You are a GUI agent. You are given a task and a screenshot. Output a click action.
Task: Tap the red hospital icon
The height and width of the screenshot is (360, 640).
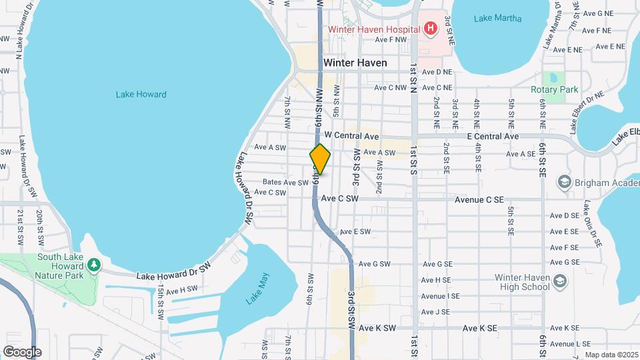[x=431, y=29]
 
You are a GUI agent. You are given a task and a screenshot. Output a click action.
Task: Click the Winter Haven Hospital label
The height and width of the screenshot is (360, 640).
[x=373, y=29]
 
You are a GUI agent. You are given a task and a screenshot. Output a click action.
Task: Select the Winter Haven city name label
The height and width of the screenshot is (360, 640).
[x=355, y=63]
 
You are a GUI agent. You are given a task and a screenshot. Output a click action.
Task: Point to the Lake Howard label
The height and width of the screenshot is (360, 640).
[x=141, y=95]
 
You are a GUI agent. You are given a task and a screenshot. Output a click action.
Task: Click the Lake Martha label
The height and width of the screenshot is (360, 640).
[x=497, y=18]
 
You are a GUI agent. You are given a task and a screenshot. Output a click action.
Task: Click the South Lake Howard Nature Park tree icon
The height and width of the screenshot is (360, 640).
[x=94, y=265]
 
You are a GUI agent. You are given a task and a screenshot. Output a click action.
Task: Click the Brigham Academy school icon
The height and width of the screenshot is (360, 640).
[x=564, y=182]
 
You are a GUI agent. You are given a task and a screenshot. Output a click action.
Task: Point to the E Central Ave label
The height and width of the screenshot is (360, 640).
[x=493, y=136]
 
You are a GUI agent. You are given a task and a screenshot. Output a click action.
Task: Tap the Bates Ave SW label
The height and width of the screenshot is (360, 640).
[x=285, y=182]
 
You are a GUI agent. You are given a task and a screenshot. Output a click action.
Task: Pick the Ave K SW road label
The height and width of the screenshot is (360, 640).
[x=377, y=328]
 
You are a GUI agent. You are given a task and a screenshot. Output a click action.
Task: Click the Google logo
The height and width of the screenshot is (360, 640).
[x=21, y=351]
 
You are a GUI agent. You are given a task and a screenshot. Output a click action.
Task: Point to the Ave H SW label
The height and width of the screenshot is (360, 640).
[x=182, y=290]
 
